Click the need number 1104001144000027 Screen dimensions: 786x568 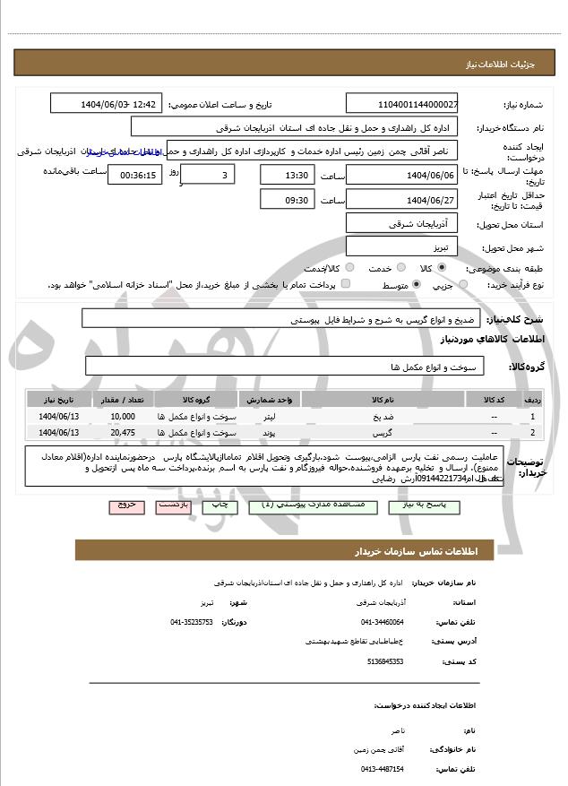[x=402, y=104]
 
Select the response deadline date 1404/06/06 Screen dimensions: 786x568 [x=401, y=175]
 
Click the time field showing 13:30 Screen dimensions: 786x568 [x=288, y=175]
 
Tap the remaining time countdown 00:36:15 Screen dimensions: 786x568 [x=134, y=175]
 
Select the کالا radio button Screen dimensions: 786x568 [x=442, y=268]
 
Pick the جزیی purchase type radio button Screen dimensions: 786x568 [x=463, y=285]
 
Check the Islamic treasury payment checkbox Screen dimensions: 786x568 [x=347, y=284]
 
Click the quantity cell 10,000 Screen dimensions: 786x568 [x=123, y=417]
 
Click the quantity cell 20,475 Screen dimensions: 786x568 [x=123, y=433]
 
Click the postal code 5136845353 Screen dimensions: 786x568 [x=385, y=661]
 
